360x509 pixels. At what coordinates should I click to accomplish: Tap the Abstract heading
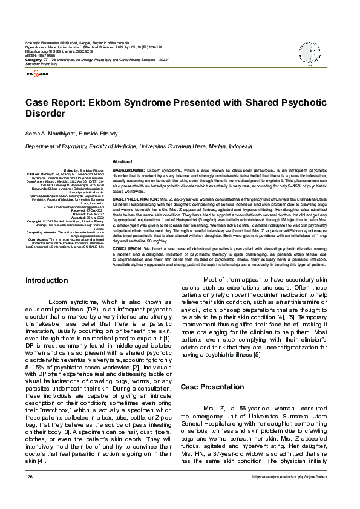[x=122, y=161]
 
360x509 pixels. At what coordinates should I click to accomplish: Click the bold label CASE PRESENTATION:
[x=137, y=199]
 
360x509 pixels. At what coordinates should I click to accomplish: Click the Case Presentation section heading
[x=213, y=386]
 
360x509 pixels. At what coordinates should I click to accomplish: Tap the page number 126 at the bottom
[x=28, y=494]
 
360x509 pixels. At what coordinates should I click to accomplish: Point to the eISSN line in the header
[x=39, y=57]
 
